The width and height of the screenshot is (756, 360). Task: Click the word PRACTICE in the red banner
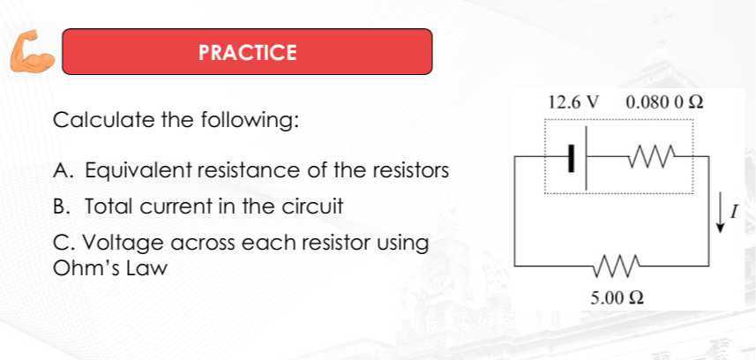[248, 52]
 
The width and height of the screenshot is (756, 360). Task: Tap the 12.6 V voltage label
[573, 101]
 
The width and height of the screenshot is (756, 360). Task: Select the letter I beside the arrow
[734, 212]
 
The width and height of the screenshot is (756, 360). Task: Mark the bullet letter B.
[60, 207]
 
